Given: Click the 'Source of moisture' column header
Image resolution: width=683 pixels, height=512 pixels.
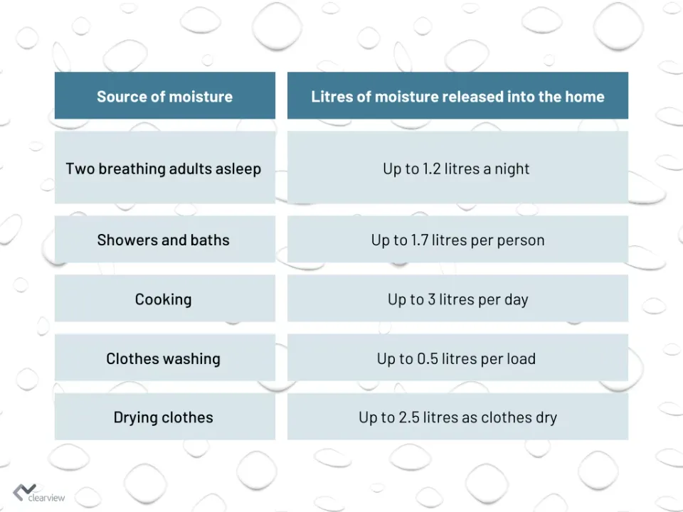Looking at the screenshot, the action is coord(164,96).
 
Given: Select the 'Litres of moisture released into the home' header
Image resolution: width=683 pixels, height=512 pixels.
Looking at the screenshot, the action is coord(457,96).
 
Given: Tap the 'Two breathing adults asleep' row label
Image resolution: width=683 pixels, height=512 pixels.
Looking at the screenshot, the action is coord(164,169).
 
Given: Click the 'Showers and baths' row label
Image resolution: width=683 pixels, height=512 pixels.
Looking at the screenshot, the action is coord(164,240).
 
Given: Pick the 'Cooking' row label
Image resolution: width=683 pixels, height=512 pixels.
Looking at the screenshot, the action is coord(164,299).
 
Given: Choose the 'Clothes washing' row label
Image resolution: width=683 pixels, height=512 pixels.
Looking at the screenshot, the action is coord(164,358).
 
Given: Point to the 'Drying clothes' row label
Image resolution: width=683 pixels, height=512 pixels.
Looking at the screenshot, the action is coord(164,417).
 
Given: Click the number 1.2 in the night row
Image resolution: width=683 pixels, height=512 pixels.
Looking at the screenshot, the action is coord(431,169).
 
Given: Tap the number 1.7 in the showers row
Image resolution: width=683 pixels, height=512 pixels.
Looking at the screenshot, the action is coord(420,240).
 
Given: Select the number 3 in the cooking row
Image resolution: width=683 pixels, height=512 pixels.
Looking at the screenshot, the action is coord(431,299).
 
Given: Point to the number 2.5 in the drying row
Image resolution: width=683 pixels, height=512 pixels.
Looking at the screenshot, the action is coord(409,417).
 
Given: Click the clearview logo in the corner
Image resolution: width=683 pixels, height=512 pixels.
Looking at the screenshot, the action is coord(38,494).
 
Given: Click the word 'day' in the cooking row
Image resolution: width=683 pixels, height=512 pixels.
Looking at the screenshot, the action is coord(517,300).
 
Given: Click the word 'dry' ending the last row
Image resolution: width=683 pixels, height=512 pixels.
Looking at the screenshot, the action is coord(546,418).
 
